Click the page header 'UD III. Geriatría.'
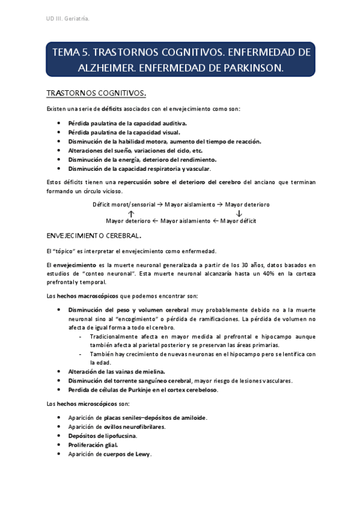(68, 20)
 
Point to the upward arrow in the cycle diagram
(131, 213)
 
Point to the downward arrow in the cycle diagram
(239, 213)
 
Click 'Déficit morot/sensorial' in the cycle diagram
(123, 204)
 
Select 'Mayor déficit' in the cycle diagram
(239, 221)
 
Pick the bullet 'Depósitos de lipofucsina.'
(102, 435)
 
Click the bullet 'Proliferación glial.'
(93, 444)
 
